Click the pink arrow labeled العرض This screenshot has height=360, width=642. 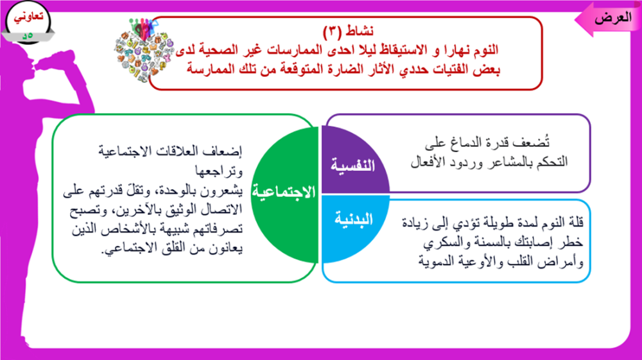[x=609, y=19]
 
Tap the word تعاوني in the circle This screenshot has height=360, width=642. [x=29, y=17]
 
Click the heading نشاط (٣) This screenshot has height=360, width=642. [x=348, y=31]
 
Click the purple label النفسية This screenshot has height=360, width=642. [x=353, y=165]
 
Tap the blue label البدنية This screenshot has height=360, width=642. [x=354, y=219]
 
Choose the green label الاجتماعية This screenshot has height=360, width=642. [x=284, y=191]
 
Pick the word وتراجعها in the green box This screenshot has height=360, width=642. [x=219, y=171]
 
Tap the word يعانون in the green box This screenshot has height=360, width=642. [x=226, y=248]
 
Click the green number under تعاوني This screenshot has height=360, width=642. [x=28, y=35]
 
